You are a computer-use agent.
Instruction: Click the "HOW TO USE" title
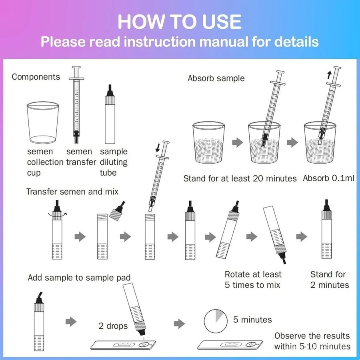180,22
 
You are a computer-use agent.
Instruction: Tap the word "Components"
36,77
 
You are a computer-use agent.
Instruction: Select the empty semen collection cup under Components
43,123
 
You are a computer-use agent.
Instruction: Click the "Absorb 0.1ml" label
328,178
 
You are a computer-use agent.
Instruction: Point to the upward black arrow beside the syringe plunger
330,75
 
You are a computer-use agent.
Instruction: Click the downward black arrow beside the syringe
158,148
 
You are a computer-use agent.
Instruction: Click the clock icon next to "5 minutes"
216,321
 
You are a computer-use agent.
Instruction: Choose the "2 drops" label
113,326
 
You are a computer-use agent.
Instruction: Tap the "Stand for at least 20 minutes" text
240,178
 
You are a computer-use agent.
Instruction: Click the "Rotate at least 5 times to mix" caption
253,280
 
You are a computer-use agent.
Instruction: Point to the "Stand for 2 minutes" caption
330,280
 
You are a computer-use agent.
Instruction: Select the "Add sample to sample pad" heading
79,278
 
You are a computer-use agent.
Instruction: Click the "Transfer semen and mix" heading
72,192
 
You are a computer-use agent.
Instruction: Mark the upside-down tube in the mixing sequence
275,235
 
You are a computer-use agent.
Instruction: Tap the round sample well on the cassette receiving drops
144,344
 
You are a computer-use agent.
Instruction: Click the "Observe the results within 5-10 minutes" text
312,341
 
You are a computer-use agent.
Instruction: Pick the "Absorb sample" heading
216,78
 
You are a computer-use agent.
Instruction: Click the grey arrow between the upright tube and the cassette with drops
71,322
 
